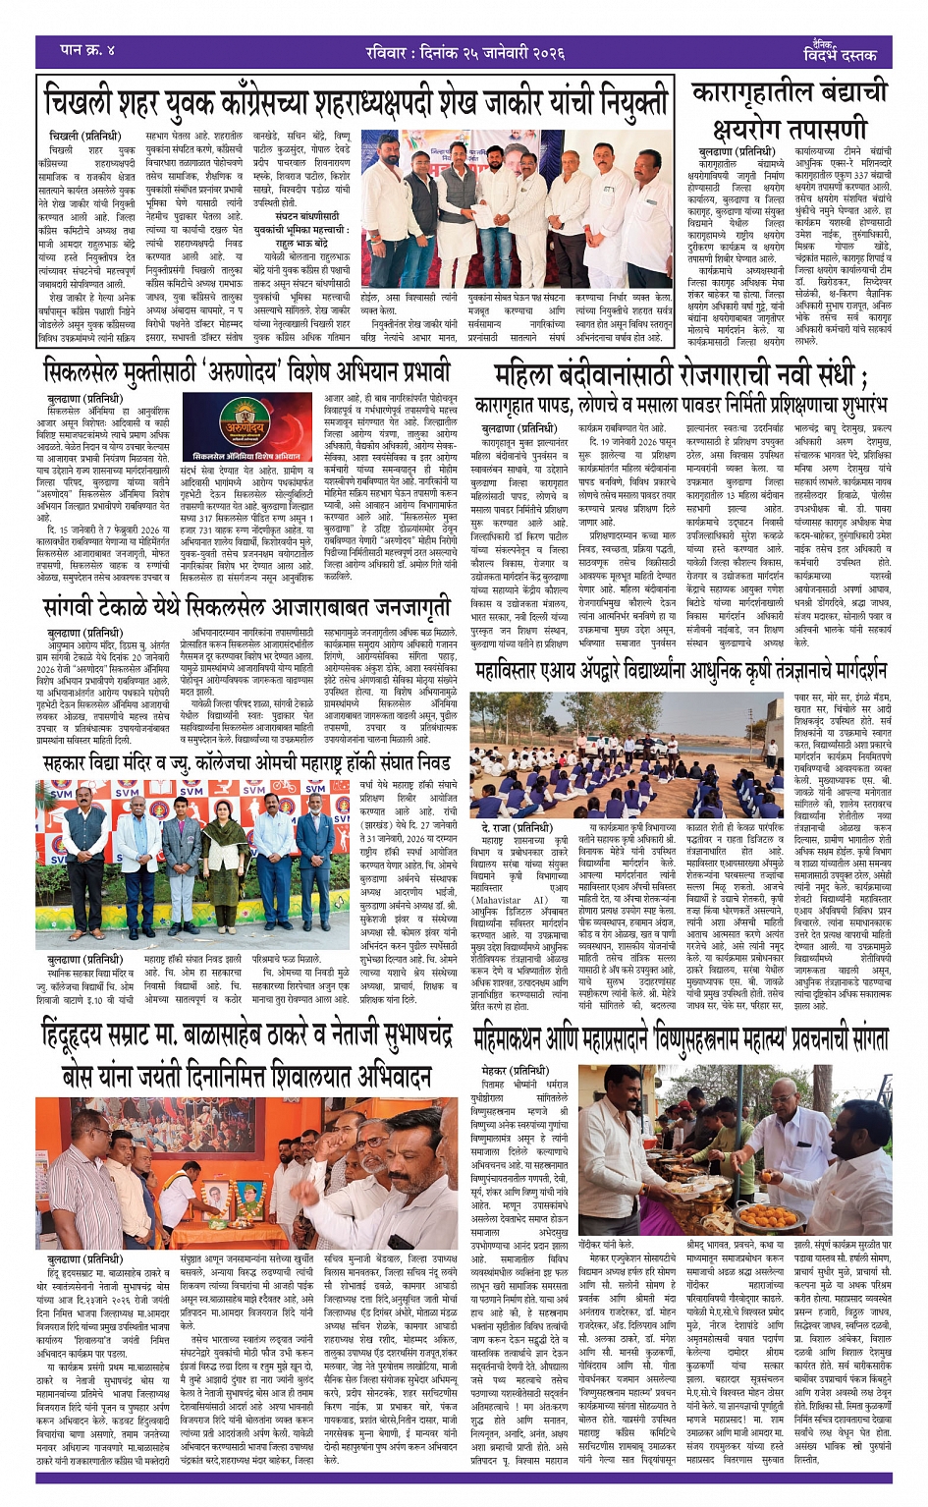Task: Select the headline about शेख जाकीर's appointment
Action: [x=355, y=101]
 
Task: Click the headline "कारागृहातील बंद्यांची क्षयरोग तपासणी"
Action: [x=790, y=109]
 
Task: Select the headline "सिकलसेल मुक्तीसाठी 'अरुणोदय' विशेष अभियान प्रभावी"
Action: [x=246, y=372]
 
